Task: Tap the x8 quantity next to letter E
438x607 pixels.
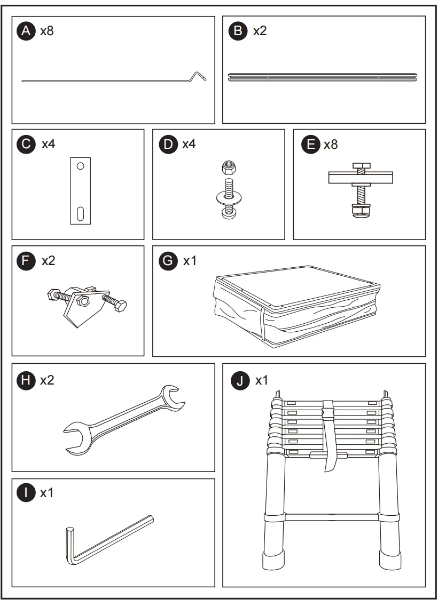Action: pos(331,144)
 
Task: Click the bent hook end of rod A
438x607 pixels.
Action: pos(199,76)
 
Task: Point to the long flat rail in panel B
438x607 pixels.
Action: pos(323,77)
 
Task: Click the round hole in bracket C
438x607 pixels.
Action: pos(80,166)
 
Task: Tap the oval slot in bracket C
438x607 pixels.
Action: pos(80,213)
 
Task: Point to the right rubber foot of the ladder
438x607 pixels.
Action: pos(388,560)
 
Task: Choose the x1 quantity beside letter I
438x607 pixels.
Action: pos(47,493)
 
